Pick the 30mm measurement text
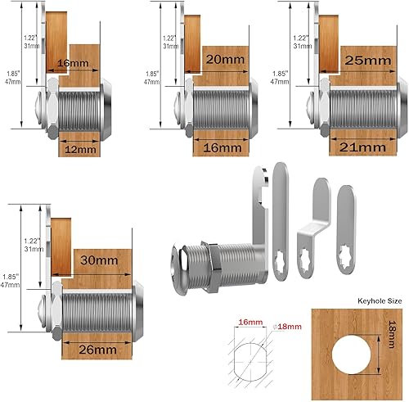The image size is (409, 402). pos(96,259)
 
